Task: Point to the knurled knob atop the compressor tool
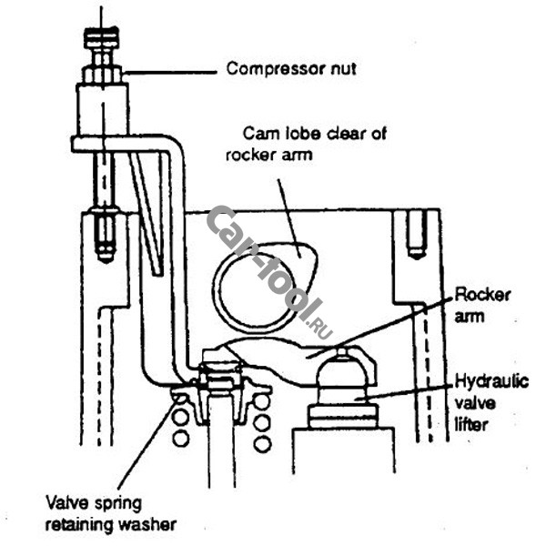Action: pos(102,38)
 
